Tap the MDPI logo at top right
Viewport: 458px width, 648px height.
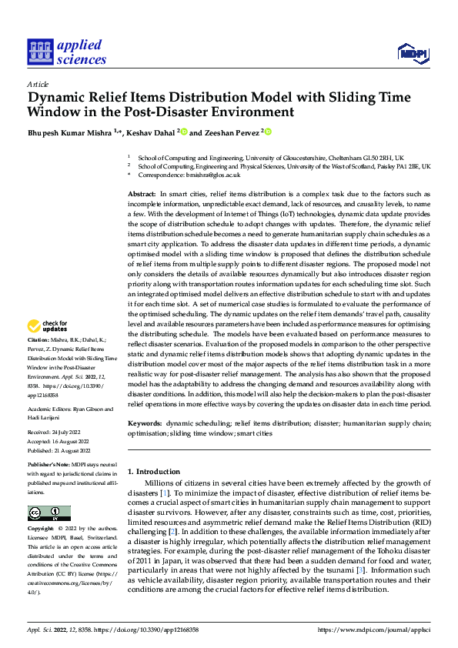point(412,52)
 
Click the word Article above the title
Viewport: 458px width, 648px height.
point(38,84)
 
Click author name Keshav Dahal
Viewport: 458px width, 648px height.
point(151,132)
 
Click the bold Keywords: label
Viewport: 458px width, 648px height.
point(145,423)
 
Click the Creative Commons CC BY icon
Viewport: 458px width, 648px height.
point(48,513)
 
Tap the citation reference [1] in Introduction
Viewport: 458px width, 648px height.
point(164,492)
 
